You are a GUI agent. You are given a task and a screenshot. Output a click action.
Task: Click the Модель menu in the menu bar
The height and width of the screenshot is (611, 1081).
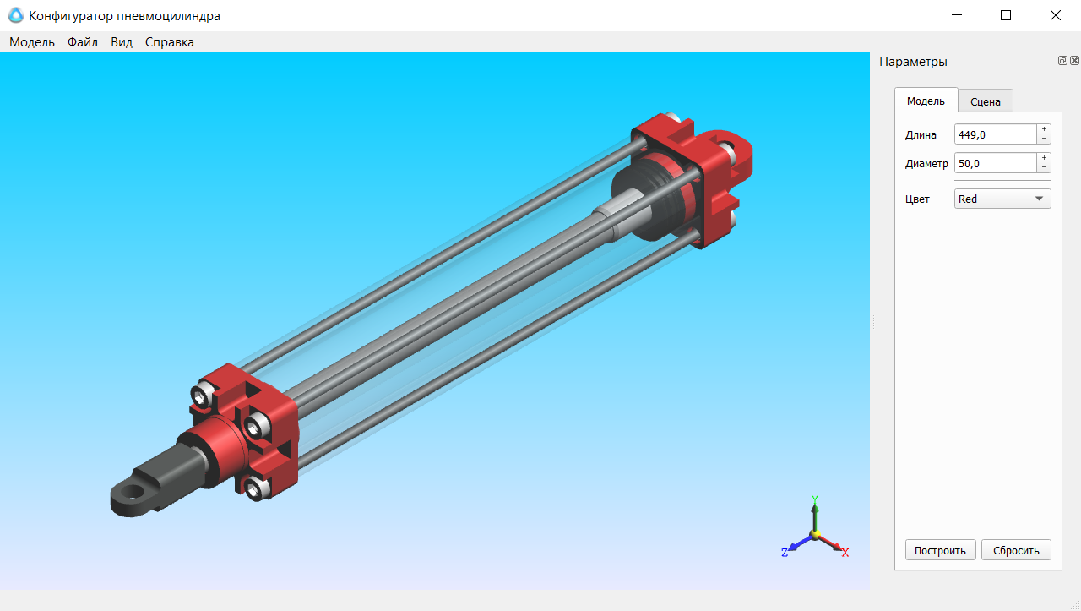tap(32, 42)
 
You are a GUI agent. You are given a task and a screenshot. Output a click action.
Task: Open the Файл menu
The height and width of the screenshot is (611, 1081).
tap(83, 42)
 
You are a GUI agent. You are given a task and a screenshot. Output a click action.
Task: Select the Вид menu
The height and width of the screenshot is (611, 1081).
tap(122, 42)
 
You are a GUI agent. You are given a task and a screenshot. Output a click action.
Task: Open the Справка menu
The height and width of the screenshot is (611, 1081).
tap(169, 42)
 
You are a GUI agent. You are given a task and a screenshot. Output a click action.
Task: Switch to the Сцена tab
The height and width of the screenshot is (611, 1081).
tap(986, 101)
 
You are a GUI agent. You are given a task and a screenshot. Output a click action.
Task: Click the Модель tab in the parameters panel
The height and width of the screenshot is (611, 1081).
tap(926, 101)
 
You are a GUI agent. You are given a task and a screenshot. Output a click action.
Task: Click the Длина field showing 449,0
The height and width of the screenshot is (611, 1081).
tap(995, 134)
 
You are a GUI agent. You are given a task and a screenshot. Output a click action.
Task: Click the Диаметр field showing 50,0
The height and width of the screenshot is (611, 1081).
tap(995, 163)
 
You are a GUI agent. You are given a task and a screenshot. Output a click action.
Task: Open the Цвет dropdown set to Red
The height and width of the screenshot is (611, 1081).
tap(1002, 199)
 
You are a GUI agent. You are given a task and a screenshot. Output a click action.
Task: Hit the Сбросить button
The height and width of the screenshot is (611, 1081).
tap(1016, 550)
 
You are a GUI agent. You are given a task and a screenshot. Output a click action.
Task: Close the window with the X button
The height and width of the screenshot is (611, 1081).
tap(1055, 15)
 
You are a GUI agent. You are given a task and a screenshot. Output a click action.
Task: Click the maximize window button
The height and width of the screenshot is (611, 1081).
tap(1006, 15)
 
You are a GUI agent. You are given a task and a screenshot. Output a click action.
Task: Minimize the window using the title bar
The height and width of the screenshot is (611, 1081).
tap(957, 15)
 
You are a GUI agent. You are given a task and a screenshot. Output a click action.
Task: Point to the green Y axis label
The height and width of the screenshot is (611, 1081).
tap(815, 499)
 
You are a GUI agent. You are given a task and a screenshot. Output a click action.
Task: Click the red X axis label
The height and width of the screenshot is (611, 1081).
tap(845, 553)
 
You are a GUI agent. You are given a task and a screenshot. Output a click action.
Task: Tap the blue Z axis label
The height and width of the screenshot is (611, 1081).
tap(785, 553)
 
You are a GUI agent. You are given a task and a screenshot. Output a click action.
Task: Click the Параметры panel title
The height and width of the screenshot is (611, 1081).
tap(913, 62)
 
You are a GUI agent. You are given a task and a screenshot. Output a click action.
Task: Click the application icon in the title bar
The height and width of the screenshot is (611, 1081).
tap(15, 15)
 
